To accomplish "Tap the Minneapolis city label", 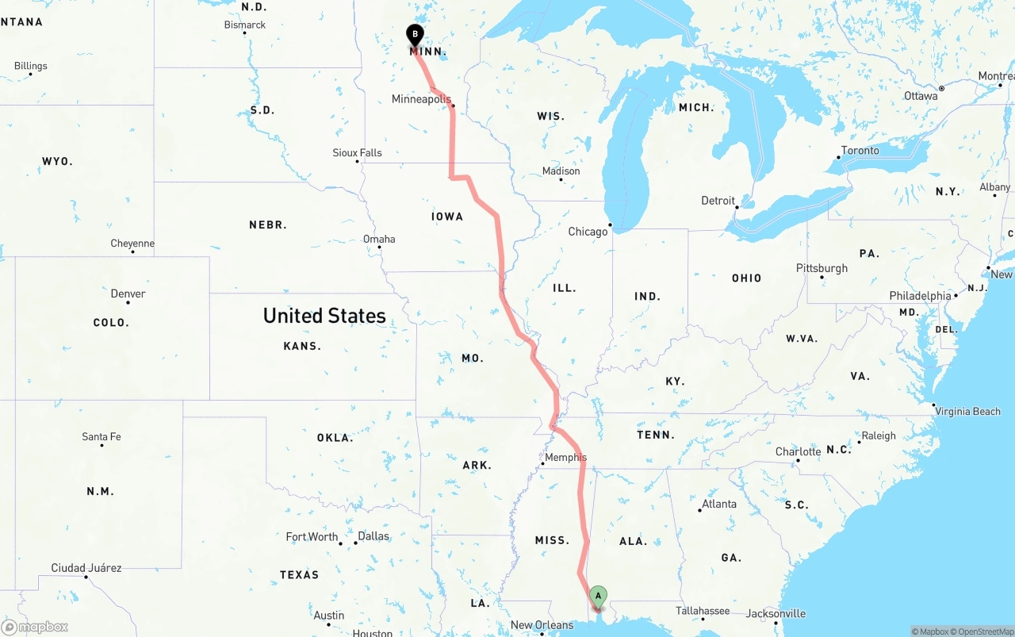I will (x=421, y=99).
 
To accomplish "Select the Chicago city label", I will (x=588, y=232).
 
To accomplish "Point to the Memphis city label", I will (x=566, y=457).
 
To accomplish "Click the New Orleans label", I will (x=542, y=625).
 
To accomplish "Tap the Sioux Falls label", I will (x=357, y=152).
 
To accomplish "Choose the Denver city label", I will (x=128, y=294).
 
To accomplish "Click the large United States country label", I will (x=324, y=316).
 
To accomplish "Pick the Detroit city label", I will (x=718, y=201).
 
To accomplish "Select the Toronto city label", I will (x=860, y=151).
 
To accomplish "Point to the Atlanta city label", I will (x=718, y=504).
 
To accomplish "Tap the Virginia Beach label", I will (x=967, y=412).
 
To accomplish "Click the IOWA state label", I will (x=447, y=217).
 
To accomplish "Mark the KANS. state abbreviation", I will (x=302, y=346).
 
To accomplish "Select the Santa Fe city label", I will (x=101, y=437).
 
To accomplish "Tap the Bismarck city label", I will (x=245, y=25).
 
